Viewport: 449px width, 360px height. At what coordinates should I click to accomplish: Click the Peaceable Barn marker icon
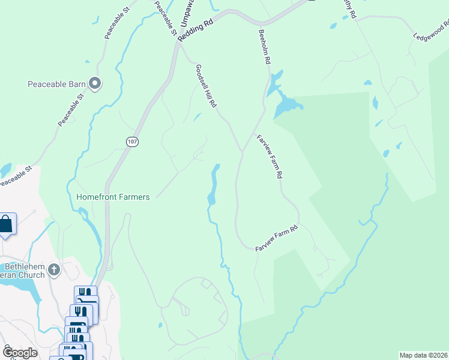pyautogui.click(x=94, y=83)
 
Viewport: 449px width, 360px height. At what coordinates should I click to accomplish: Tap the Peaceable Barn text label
pyautogui.click(x=57, y=83)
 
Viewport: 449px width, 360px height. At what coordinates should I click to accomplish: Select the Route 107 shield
pyautogui.click(x=133, y=142)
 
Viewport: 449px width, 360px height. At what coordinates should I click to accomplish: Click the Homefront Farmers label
pyautogui.click(x=113, y=197)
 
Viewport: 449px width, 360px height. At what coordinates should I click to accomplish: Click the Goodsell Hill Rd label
pyautogui.click(x=205, y=86)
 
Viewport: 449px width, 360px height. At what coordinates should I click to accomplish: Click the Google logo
pyautogui.click(x=20, y=352)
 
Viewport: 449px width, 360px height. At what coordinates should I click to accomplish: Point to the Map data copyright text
pyautogui.click(x=423, y=355)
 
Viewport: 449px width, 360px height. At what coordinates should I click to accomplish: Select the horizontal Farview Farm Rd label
pyautogui.click(x=277, y=239)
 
